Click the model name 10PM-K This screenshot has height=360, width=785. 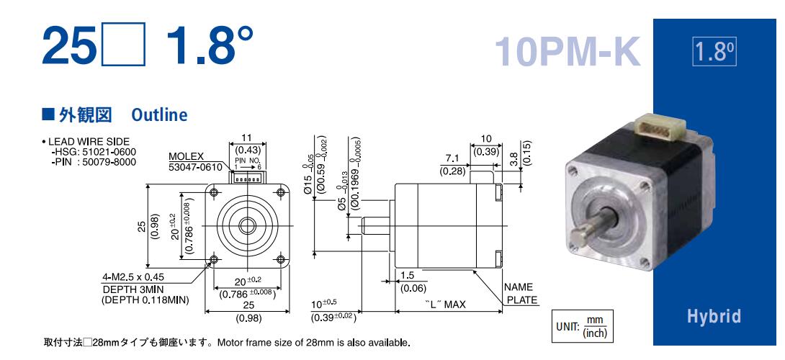568,52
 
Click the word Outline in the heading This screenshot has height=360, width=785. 159,115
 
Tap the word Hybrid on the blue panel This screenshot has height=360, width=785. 714,316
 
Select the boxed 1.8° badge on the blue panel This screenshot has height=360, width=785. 714,52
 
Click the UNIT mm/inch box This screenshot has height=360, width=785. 582,326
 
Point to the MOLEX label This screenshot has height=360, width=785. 186,156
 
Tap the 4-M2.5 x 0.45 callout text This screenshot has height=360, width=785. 133,277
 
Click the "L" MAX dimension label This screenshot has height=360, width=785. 446,305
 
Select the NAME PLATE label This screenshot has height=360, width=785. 521,294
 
